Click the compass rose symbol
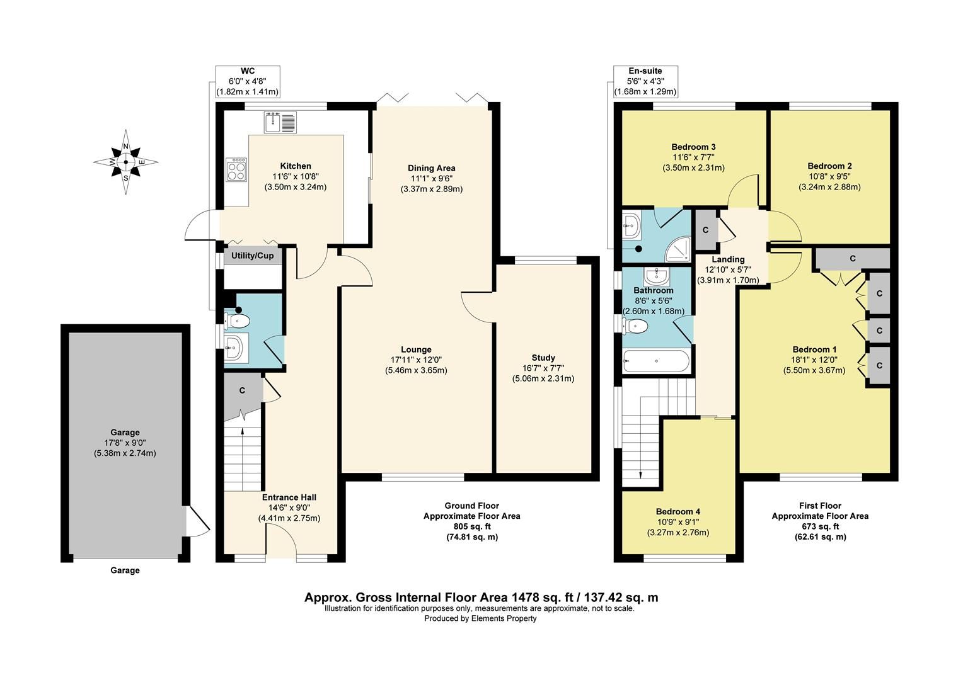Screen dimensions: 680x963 [126, 162]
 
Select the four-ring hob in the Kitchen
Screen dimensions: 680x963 [237, 169]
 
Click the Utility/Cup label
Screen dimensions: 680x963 [252, 256]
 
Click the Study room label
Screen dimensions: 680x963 [543, 358]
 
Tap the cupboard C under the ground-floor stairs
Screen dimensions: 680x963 [243, 391]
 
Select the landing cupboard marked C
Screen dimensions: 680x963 [705, 230]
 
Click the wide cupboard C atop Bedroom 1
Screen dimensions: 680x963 [852, 258]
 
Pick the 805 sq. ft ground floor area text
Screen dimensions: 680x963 [471, 526]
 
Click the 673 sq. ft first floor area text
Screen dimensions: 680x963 [820, 526]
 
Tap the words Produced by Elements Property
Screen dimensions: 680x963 [480, 618]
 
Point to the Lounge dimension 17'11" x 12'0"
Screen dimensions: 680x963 [416, 360]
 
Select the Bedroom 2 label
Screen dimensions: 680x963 [829, 167]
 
